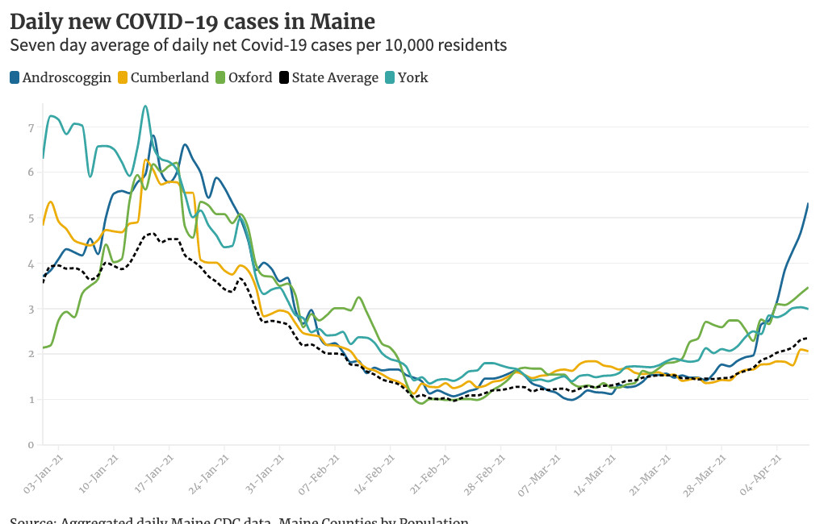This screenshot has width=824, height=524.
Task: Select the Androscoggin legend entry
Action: tap(61, 78)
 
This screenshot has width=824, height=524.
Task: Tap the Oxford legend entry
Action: tap(244, 78)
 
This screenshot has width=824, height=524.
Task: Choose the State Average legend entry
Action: tap(328, 78)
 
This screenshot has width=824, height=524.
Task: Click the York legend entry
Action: tap(411, 78)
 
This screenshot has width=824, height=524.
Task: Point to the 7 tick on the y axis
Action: tap(30, 127)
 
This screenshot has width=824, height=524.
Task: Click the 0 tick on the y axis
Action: tap(30, 445)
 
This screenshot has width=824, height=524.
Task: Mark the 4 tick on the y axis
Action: tap(30, 264)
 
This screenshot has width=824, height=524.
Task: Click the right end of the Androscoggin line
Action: tap(809, 203)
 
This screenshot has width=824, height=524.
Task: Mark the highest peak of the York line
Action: tap(144, 106)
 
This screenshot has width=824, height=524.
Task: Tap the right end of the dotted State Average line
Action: tap(808, 338)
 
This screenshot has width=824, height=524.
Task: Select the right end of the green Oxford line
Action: tap(809, 287)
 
